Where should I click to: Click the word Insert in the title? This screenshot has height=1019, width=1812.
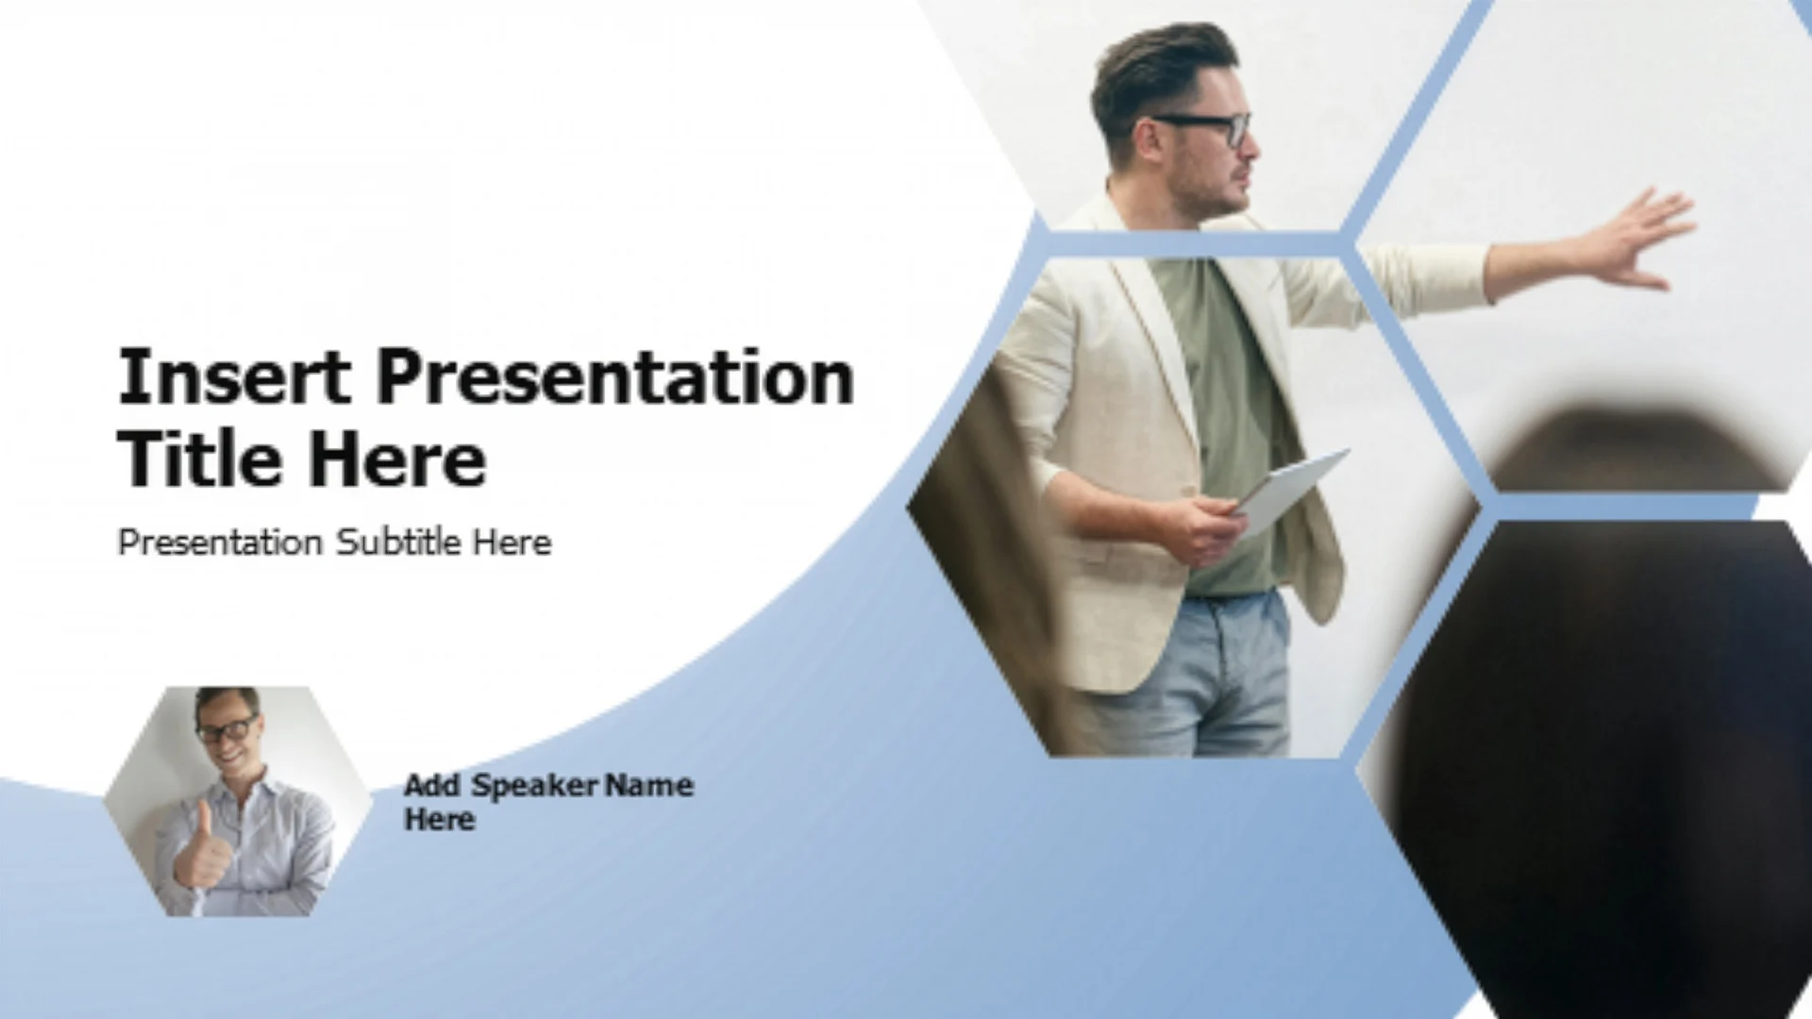click(x=234, y=376)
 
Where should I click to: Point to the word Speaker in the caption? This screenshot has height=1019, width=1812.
click(x=534, y=786)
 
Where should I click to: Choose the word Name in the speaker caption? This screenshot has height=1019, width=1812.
click(x=649, y=785)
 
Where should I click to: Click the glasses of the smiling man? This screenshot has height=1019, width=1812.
click(x=227, y=727)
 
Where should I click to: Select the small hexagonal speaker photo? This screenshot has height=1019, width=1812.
click(x=238, y=801)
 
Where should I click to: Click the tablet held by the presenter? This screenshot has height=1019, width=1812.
click(x=1290, y=492)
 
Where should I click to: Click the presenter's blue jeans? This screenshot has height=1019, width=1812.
click(x=1194, y=675)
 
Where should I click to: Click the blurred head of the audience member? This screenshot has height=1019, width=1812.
click(x=1637, y=448)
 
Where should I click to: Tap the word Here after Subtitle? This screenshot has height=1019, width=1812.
click(x=512, y=543)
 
